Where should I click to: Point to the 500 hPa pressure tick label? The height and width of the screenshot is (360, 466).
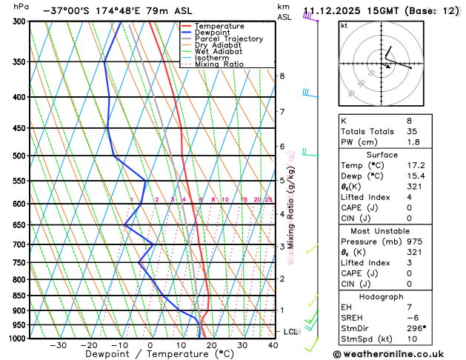tap(20, 156)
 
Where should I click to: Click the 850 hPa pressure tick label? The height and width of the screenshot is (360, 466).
tap(20, 296)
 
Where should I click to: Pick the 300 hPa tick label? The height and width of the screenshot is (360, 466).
tap(20, 21)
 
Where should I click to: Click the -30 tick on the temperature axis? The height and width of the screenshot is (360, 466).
tap(58, 345)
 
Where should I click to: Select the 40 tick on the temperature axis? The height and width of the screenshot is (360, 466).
tap(273, 345)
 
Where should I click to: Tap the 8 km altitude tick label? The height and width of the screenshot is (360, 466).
tap(282, 76)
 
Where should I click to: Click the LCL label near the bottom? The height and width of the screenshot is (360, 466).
tap(290, 331)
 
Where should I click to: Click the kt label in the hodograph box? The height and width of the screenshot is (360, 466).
tap(344, 26)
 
